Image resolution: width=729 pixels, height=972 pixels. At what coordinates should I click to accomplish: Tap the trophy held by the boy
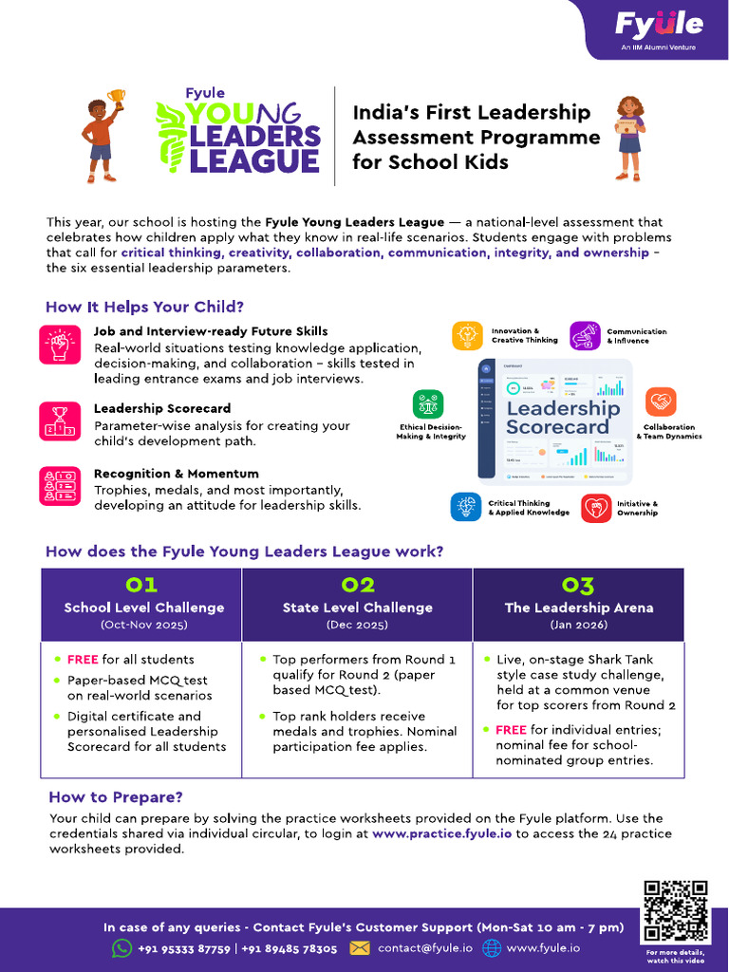pyautogui.click(x=117, y=98)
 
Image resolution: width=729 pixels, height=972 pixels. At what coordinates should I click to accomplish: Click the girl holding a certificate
pyautogui.click(x=629, y=137)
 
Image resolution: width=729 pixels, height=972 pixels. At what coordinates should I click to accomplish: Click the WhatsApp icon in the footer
pyautogui.click(x=121, y=948)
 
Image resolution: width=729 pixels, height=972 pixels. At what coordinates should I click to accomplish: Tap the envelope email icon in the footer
pyautogui.click(x=360, y=948)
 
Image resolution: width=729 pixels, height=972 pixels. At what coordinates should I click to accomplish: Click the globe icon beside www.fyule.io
pyautogui.click(x=491, y=948)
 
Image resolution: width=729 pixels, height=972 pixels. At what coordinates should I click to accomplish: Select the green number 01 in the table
pyautogui.click(x=141, y=584)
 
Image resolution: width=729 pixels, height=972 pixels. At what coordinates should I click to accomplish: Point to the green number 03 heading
pyautogui.click(x=578, y=584)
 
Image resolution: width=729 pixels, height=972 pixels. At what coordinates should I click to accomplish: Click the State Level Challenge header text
pyautogui.click(x=357, y=607)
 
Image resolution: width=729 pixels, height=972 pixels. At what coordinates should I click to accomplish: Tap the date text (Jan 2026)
pyautogui.click(x=578, y=626)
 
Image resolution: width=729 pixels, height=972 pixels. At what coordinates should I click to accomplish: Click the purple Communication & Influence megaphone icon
pyautogui.click(x=585, y=336)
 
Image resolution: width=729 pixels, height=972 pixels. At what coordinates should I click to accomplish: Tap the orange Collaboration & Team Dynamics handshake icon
pyautogui.click(x=661, y=402)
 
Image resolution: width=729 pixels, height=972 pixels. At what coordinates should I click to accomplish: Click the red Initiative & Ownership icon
pyautogui.click(x=596, y=508)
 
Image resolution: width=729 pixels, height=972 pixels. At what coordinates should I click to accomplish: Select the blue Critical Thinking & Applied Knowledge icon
pyautogui.click(x=466, y=507)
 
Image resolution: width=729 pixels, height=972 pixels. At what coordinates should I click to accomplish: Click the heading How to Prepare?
pyautogui.click(x=115, y=797)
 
